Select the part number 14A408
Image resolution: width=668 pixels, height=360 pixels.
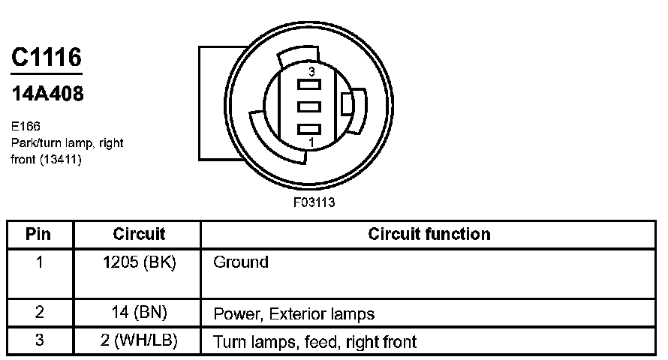pyautogui.click(x=47, y=94)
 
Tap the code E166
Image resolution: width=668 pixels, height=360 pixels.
pyautogui.click(x=26, y=127)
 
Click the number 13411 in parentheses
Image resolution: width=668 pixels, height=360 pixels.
pyautogui.click(x=62, y=160)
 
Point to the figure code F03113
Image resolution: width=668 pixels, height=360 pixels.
pyautogui.click(x=314, y=202)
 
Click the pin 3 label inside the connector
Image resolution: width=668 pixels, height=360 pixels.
pyautogui.click(x=309, y=72)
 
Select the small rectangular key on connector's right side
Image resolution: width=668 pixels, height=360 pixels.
pyautogui.click(x=347, y=104)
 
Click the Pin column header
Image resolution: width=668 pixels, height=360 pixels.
pyautogui.click(x=38, y=234)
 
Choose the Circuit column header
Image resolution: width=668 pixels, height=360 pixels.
pyautogui.click(x=139, y=234)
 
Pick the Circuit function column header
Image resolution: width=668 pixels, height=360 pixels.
pyautogui.click(x=429, y=234)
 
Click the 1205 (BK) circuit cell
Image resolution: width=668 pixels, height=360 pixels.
pyautogui.click(x=139, y=262)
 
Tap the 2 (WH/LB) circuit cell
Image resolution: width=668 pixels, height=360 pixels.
pyautogui.click(x=139, y=341)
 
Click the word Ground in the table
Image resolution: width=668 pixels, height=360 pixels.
pyautogui.click(x=241, y=262)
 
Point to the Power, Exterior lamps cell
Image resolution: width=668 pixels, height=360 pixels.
pyautogui.click(x=293, y=313)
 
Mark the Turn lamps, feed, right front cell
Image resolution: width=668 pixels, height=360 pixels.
pyautogui.click(x=315, y=342)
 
